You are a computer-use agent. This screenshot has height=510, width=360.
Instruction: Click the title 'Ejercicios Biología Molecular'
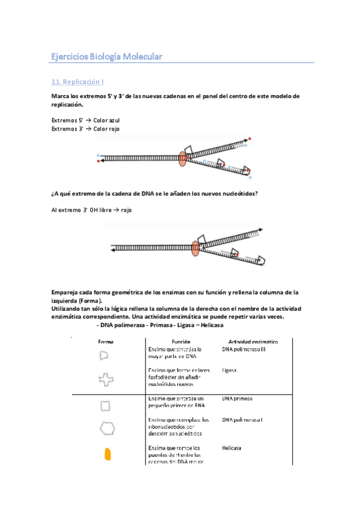[x=106, y=57]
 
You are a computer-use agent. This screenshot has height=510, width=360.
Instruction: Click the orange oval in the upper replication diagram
[x=183, y=159]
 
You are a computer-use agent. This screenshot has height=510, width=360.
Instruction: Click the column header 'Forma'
[x=106, y=342]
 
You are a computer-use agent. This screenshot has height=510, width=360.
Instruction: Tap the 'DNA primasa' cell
[x=237, y=398]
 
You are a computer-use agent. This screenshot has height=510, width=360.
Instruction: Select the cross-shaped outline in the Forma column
[x=106, y=379]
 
